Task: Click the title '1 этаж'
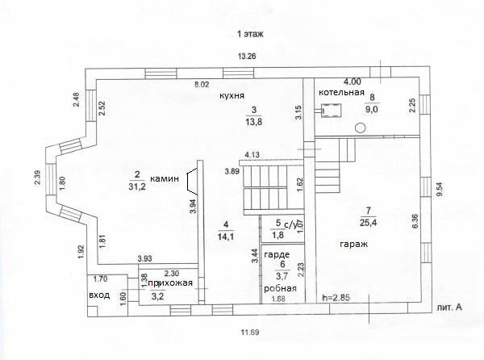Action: [250, 34]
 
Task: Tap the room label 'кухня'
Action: [232, 95]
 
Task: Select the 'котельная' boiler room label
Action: [341, 92]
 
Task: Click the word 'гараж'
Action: [354, 245]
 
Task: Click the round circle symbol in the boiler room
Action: [361, 128]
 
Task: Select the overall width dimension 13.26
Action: [247, 57]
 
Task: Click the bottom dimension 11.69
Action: [250, 333]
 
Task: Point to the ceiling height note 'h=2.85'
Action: [336, 298]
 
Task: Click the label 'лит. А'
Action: [449, 308]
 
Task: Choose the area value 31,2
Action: [136, 186]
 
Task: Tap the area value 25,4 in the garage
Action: [369, 223]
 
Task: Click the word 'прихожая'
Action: [170, 283]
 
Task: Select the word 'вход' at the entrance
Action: [99, 295]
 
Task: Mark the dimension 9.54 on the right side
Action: [440, 190]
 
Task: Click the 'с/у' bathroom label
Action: [291, 225]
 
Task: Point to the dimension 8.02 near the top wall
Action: [202, 85]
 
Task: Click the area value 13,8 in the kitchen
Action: [254, 122]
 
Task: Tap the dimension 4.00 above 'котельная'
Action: [353, 82]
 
